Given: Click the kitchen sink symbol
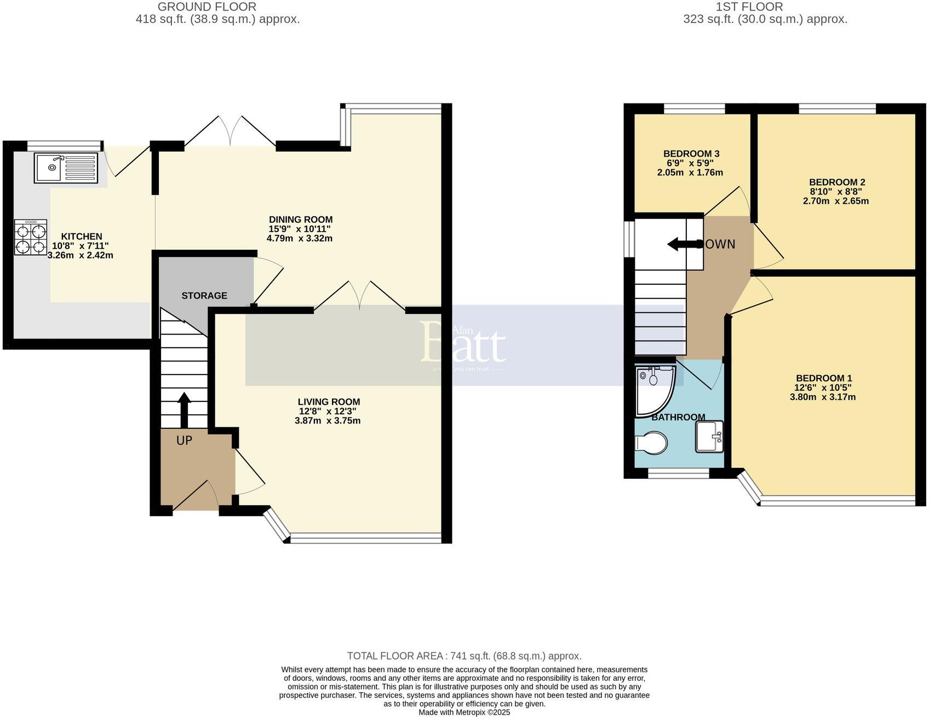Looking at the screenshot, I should click(x=66, y=168).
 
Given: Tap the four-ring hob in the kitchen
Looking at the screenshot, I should click(x=31, y=237).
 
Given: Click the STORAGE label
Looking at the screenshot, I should click(x=204, y=296).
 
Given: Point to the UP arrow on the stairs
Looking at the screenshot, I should click(x=184, y=409).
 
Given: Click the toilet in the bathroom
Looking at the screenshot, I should click(x=651, y=443).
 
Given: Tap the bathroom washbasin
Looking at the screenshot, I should click(x=709, y=436).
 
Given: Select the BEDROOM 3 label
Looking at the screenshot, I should click(x=691, y=154).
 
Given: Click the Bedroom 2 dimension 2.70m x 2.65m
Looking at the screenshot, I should click(x=835, y=201).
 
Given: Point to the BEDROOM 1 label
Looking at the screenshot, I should click(x=823, y=378).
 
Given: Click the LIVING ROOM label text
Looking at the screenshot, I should click(x=329, y=401).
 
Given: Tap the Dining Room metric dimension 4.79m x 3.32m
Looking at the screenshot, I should click(x=300, y=239).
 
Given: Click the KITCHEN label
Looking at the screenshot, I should click(x=81, y=236).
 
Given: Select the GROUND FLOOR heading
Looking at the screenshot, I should click(x=207, y=7).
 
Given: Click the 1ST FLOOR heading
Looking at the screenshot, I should click(x=749, y=7).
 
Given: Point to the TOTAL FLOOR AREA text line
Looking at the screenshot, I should click(x=464, y=656).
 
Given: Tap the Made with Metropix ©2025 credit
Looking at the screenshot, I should click(x=464, y=712).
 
